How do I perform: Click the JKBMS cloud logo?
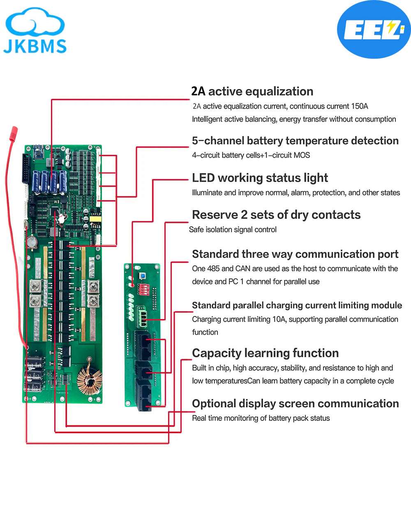[35, 32]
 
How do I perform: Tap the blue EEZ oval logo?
[374, 30]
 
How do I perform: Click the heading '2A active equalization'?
[252, 91]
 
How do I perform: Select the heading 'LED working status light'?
[260, 178]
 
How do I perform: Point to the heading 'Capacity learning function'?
[265, 353]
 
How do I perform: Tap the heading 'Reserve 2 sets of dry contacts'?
[276, 215]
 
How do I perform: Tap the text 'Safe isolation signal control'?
[233, 230]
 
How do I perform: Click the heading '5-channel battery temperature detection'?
[295, 141]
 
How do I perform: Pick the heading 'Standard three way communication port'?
[295, 254]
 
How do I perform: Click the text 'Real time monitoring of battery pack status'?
[261, 418]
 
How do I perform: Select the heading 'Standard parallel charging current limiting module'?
[297, 305]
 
